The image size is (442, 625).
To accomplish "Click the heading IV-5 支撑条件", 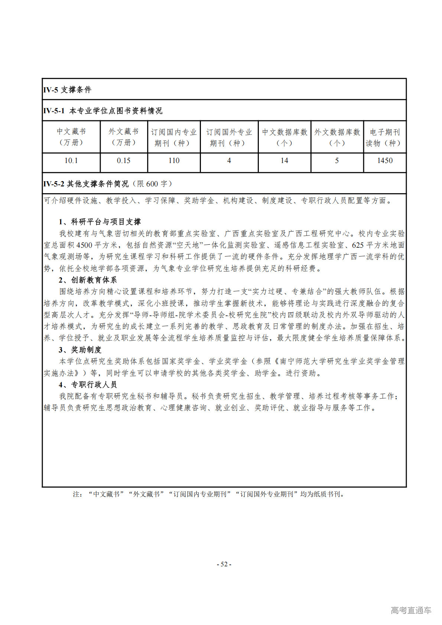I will (x=67, y=89).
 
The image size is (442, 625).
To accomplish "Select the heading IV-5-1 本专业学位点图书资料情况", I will (x=103, y=111).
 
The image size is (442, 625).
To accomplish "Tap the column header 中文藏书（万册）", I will (x=71, y=137).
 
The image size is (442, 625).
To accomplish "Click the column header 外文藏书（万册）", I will (x=124, y=137).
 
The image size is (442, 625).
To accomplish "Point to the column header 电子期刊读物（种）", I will (x=384, y=137).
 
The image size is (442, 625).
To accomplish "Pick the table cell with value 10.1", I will (x=71, y=160).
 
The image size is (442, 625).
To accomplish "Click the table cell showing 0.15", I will (x=124, y=160).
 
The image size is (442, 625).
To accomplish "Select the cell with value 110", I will (x=174, y=160).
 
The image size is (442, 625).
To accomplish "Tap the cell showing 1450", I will (x=384, y=160).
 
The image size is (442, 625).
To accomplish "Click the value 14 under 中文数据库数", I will (x=284, y=160).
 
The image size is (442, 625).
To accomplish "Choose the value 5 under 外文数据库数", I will (x=337, y=160).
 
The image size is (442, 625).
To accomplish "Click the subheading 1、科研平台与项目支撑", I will (x=100, y=222).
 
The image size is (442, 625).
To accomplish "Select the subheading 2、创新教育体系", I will (x=88, y=280).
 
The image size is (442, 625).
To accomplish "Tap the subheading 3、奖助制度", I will (x=80, y=349).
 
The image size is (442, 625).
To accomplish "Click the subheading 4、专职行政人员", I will (x=88, y=384).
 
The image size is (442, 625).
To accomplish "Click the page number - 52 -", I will (x=224, y=564).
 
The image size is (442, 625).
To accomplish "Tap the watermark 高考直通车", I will (x=411, y=610).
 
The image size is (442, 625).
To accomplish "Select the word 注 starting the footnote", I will (x=76, y=494).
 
